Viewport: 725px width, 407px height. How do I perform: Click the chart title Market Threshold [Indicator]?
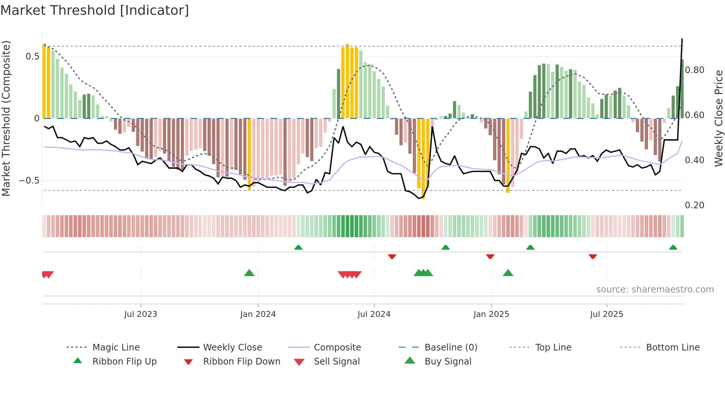pyautogui.click(x=95, y=10)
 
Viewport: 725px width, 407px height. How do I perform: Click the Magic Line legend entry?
pyautogui.click(x=116, y=347)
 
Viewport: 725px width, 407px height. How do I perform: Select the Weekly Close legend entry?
pyautogui.click(x=232, y=347)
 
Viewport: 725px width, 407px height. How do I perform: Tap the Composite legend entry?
pyautogui.click(x=337, y=347)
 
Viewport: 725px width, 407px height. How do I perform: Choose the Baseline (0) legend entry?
pyautogui.click(x=451, y=347)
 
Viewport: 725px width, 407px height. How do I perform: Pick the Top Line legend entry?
pyautogui.click(x=553, y=347)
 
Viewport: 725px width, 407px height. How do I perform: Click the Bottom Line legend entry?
pyautogui.click(x=672, y=347)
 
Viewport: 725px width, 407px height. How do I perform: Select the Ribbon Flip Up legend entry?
pyautogui.click(x=124, y=361)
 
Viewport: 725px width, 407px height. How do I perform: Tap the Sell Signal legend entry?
pyautogui.click(x=336, y=361)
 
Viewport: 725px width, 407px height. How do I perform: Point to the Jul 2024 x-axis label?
pyautogui.click(x=374, y=314)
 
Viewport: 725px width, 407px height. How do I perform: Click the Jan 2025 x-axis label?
pyautogui.click(x=491, y=314)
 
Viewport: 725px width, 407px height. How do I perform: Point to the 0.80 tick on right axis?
pyautogui.click(x=694, y=70)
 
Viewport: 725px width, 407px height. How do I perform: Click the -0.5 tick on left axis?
pyautogui.click(x=29, y=181)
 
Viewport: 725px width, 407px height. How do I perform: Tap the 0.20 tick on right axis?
pyautogui.click(x=694, y=205)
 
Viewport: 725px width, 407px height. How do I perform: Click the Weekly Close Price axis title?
pyautogui.click(x=718, y=118)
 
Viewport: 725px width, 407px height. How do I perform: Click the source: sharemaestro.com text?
pyautogui.click(x=655, y=289)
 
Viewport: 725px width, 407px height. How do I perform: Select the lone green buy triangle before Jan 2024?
pyautogui.click(x=249, y=273)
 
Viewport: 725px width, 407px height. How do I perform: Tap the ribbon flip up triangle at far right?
pyautogui.click(x=673, y=247)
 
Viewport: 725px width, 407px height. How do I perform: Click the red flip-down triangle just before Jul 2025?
pyautogui.click(x=593, y=256)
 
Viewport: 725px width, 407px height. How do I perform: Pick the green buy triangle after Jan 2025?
pyautogui.click(x=508, y=273)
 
